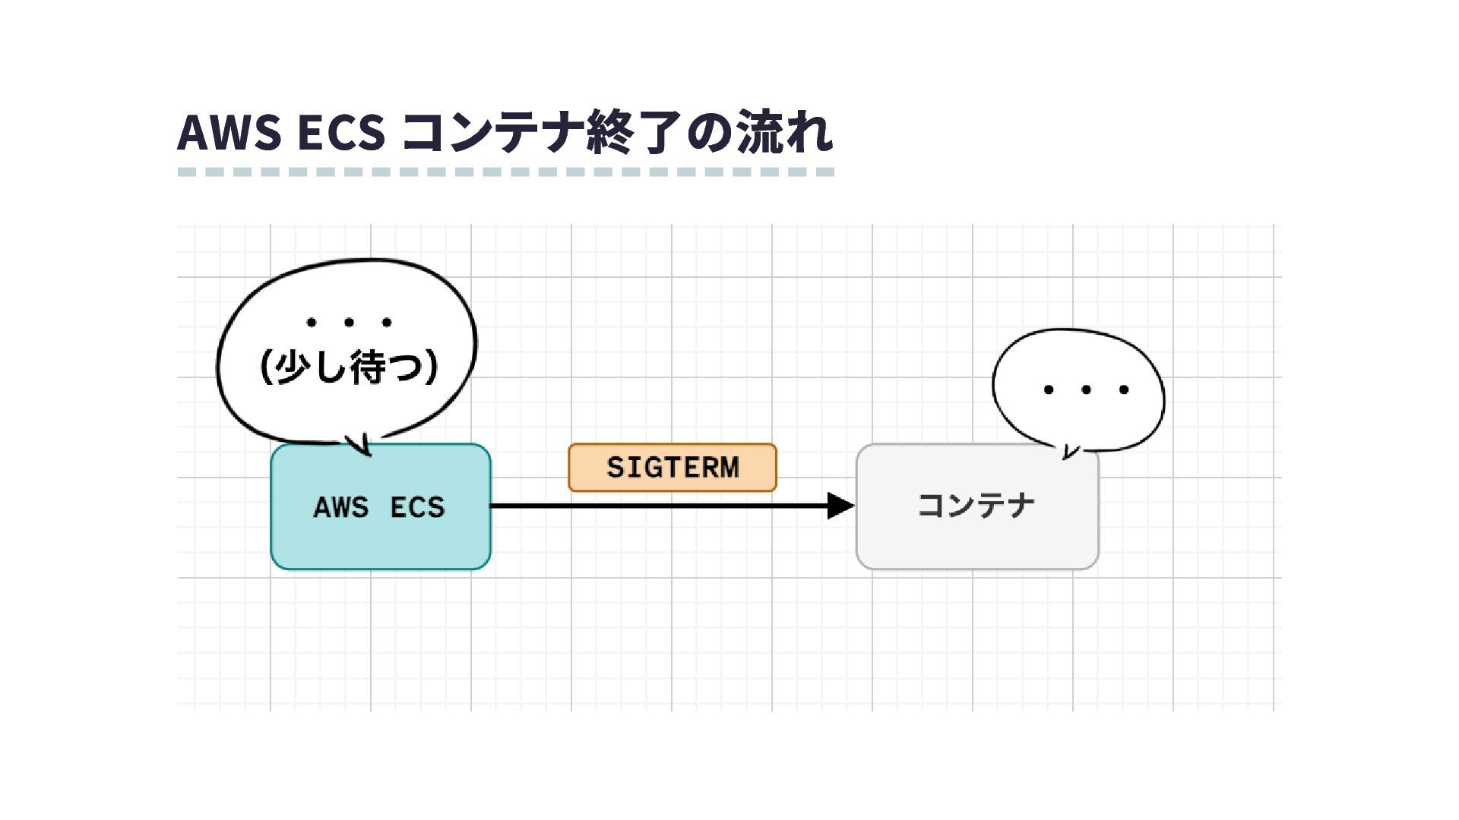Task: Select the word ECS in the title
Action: point(341,133)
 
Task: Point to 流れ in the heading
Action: point(785,133)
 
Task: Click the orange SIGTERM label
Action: point(673,467)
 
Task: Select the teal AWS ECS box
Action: point(380,531)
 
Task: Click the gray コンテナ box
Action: point(977,531)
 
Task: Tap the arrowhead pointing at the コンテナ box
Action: point(840,506)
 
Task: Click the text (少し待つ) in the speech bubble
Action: point(349,367)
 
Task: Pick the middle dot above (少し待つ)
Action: point(349,323)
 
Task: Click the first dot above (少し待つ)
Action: point(311,323)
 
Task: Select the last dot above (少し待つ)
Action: point(387,323)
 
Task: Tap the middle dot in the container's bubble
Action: point(1086,390)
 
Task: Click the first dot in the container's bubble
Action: point(1049,390)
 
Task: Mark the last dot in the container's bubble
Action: point(1124,390)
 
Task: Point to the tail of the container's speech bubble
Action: point(1068,453)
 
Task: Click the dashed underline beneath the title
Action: point(506,172)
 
